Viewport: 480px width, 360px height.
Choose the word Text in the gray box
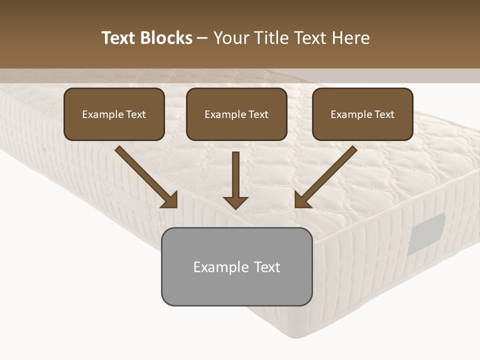coord(267,267)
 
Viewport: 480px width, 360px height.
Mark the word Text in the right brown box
coord(384,114)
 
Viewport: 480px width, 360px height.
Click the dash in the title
coord(202,38)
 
